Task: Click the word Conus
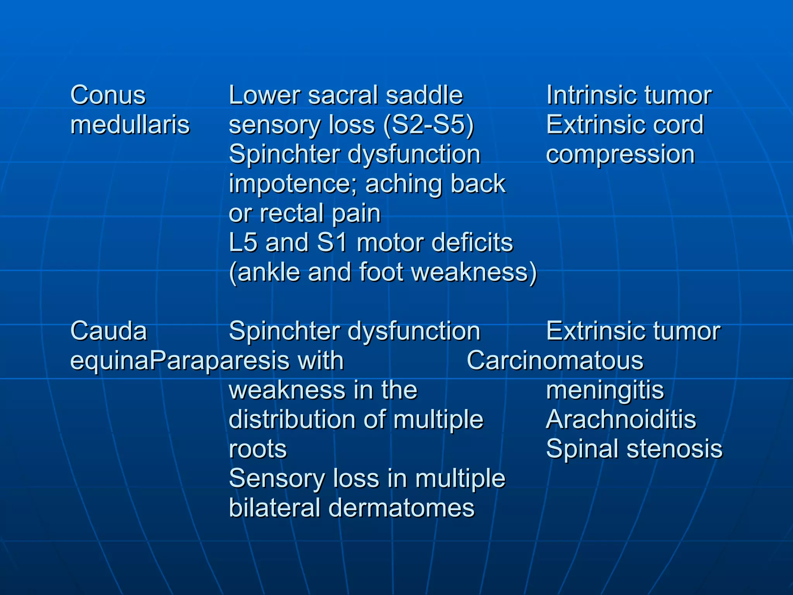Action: (108, 95)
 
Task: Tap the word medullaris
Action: (130, 125)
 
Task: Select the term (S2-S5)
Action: (429, 126)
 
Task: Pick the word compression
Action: (620, 155)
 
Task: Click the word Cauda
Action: (109, 331)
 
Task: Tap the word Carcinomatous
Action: (555, 361)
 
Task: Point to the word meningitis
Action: (605, 390)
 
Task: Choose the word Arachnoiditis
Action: (621, 420)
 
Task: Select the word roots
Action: (258, 449)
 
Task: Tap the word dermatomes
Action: (401, 508)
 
